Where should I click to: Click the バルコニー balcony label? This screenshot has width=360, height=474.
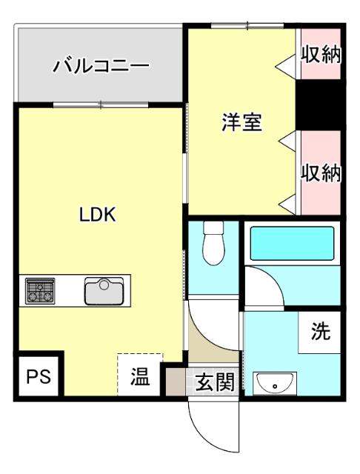coord(100,67)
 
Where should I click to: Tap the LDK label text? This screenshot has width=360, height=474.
coord(98,215)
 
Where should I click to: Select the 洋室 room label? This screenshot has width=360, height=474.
coord(241,121)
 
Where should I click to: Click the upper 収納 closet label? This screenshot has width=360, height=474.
coord(321,55)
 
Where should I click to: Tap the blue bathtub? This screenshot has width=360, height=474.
coord(293,243)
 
